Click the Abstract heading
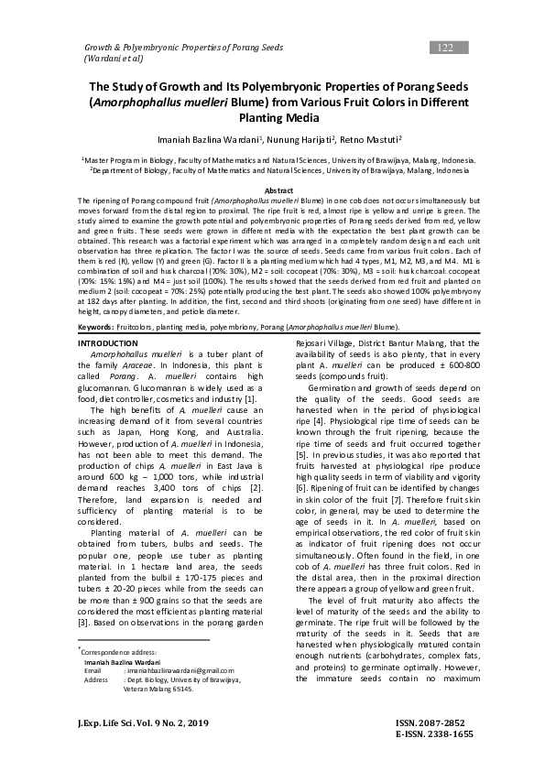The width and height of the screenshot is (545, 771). (x=272, y=190)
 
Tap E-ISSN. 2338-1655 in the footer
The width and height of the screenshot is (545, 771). (x=434, y=734)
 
